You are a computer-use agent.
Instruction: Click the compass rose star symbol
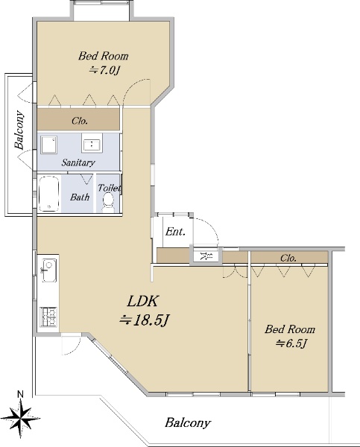21,419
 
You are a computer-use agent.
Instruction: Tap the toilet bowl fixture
108,202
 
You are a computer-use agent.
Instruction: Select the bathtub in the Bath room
49,194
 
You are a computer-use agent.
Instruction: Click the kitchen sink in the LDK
49,270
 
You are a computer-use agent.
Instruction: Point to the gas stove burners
48,317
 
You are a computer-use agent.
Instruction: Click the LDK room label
142,301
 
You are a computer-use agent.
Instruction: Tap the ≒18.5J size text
145,320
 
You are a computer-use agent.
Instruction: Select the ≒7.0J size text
104,70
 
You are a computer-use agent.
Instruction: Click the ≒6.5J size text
291,343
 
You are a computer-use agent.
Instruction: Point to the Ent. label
175,231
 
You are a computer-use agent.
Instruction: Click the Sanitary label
78,162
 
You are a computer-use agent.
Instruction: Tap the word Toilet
110,188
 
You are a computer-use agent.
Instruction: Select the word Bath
80,197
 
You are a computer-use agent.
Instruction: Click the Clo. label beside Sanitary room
80,121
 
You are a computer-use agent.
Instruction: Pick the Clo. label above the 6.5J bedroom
288,258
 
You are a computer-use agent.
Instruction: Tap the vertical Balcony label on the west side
19,130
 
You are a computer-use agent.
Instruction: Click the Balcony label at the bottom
188,422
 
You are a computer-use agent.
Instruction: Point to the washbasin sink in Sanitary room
92,143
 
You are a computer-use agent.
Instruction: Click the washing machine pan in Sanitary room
48,145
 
